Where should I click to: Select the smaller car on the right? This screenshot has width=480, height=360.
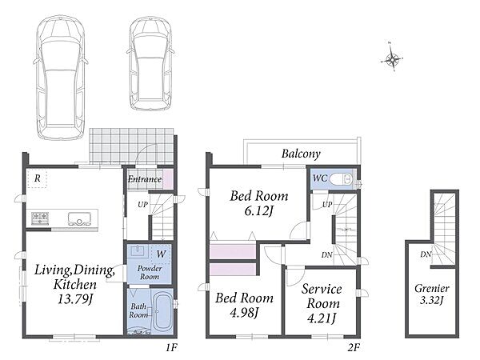(x=150, y=64)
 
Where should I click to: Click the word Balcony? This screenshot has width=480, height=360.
(x=301, y=154)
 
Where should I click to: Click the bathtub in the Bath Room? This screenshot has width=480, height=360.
(x=161, y=311)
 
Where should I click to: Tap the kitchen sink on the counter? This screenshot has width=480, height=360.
(x=79, y=218)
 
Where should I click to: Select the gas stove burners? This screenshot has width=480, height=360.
(x=40, y=218)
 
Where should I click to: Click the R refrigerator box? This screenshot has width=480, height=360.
(x=37, y=178)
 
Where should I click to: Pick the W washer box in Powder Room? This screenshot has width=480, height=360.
(x=161, y=254)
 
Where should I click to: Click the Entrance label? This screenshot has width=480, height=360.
(x=145, y=179)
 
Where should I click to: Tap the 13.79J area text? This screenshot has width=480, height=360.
(x=75, y=298)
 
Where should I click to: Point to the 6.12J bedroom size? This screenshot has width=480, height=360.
(x=258, y=211)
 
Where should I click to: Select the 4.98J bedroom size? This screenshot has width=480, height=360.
(x=244, y=312)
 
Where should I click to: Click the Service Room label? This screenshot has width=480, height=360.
(x=322, y=296)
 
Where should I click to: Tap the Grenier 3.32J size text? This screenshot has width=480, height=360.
(x=432, y=300)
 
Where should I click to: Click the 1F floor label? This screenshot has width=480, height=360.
(x=172, y=347)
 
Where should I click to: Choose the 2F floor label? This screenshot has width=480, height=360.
(x=354, y=347)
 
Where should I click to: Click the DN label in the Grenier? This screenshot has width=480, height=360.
(x=426, y=254)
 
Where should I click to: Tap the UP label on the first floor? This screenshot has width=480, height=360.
(x=142, y=205)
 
